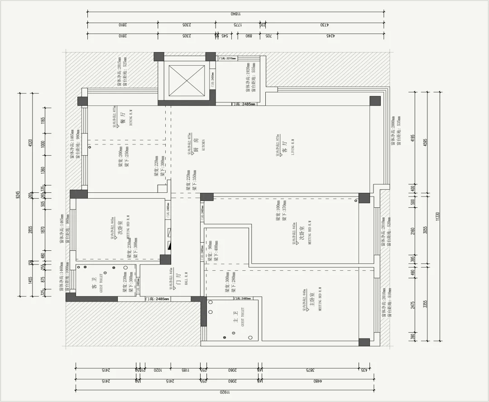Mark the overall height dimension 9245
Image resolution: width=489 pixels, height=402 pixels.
point(19,195)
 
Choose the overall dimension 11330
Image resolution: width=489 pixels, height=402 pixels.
point(437,216)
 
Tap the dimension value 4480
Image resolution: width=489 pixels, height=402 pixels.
point(317,382)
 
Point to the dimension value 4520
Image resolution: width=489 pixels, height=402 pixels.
point(31,144)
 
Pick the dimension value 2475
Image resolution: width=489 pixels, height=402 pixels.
point(412,304)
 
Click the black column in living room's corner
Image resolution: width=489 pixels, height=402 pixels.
point(374,100)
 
